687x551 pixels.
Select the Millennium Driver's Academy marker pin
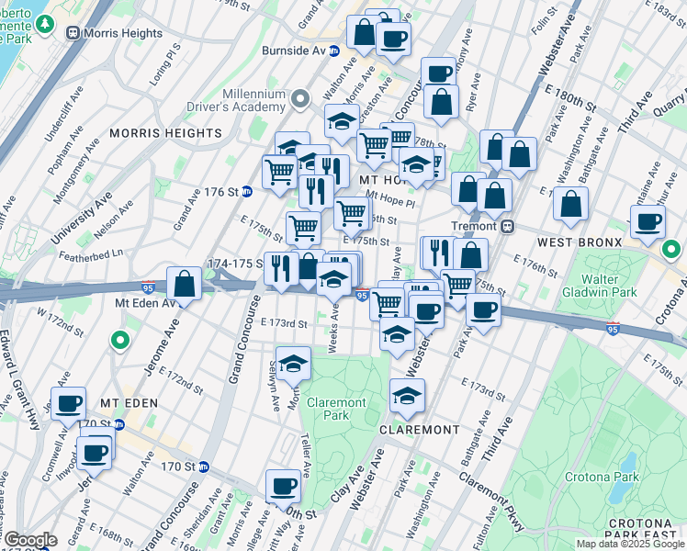click(299, 98)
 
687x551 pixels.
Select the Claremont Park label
click(336, 409)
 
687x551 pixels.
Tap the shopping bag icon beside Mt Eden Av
click(185, 285)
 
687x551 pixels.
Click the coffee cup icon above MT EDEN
click(69, 404)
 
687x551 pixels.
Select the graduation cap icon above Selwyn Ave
click(293, 365)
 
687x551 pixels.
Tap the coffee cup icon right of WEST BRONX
click(648, 221)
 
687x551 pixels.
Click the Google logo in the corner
click(29, 541)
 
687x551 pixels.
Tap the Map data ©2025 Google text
click(630, 544)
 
